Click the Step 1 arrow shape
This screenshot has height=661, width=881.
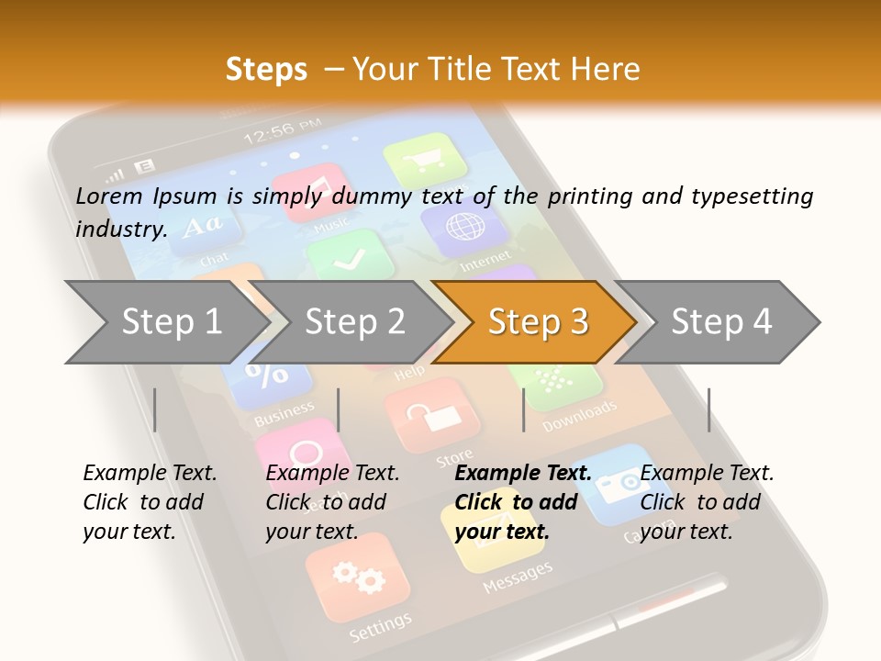(165, 321)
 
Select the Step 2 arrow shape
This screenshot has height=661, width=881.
(353, 321)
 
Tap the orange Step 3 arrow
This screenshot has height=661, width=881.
(537, 321)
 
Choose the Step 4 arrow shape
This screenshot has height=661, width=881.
(720, 321)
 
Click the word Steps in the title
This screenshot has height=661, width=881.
(266, 69)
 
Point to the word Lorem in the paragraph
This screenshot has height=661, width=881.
(109, 196)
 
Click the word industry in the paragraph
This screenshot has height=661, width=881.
(119, 229)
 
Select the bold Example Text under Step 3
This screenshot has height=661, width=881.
(523, 474)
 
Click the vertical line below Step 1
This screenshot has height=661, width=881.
(155, 409)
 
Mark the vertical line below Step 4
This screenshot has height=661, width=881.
(708, 409)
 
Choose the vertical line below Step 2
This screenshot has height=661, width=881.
(339, 409)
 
